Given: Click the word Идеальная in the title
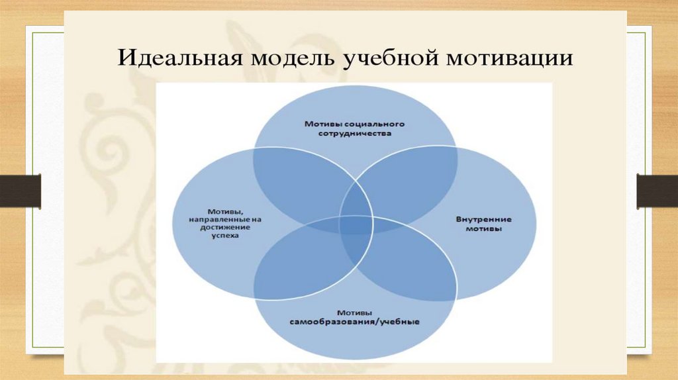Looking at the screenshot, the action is click(180, 58).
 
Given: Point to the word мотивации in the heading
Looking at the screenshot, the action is click(509, 59).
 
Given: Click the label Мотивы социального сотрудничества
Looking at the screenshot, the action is click(355, 128).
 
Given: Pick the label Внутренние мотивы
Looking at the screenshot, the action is click(483, 224).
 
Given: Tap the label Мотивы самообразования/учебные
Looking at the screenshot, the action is click(355, 317).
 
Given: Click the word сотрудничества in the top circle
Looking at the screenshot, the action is click(355, 133).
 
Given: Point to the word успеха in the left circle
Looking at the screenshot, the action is click(225, 236).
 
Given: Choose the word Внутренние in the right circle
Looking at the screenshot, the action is click(483, 219).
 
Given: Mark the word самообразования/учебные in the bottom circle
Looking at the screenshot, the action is click(355, 322).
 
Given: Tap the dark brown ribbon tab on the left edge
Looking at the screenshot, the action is click(21, 191).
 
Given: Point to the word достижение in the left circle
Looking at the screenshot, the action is click(225, 227).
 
